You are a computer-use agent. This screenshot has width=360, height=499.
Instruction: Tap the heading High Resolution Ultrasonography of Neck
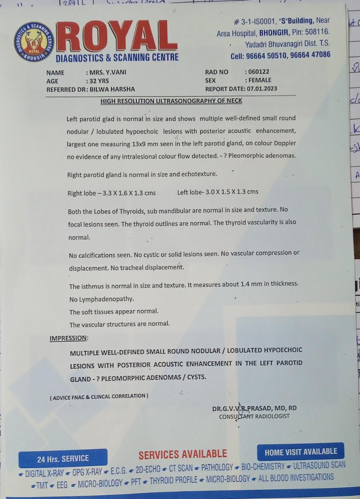tap(171, 101)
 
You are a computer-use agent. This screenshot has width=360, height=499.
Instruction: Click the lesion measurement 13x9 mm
tap(146, 144)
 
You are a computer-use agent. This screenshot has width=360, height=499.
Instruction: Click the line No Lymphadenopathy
tap(101, 299)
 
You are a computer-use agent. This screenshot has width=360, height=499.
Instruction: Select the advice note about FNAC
tap(99, 396)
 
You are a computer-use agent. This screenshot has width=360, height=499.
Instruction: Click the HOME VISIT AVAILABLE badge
tap(301, 452)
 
